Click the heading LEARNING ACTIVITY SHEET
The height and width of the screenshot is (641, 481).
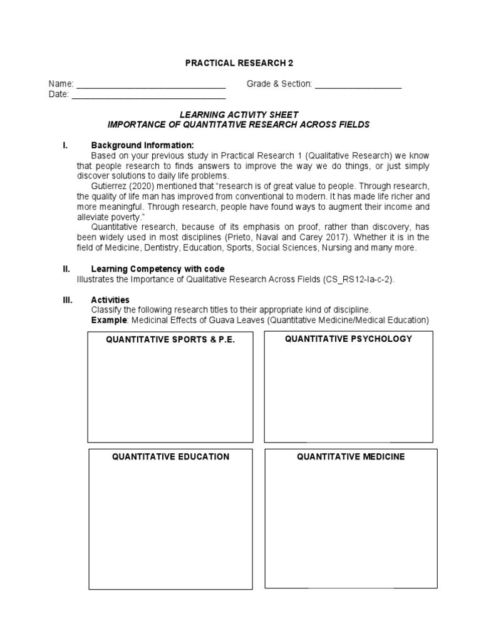tap(239, 115)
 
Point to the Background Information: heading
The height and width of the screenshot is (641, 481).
tap(138, 145)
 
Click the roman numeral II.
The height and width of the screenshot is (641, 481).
tap(66, 269)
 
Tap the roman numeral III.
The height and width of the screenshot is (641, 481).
tap(67, 300)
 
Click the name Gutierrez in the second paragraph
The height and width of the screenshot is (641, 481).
tap(111, 186)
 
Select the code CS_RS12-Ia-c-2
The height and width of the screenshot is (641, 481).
tap(358, 279)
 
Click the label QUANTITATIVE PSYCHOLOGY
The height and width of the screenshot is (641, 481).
tap(348, 339)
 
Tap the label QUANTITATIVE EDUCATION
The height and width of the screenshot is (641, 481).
tap(170, 456)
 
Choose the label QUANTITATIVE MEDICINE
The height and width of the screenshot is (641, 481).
tap(351, 456)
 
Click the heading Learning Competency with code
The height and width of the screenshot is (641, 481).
tap(158, 269)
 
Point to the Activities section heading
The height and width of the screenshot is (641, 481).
tap(110, 300)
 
